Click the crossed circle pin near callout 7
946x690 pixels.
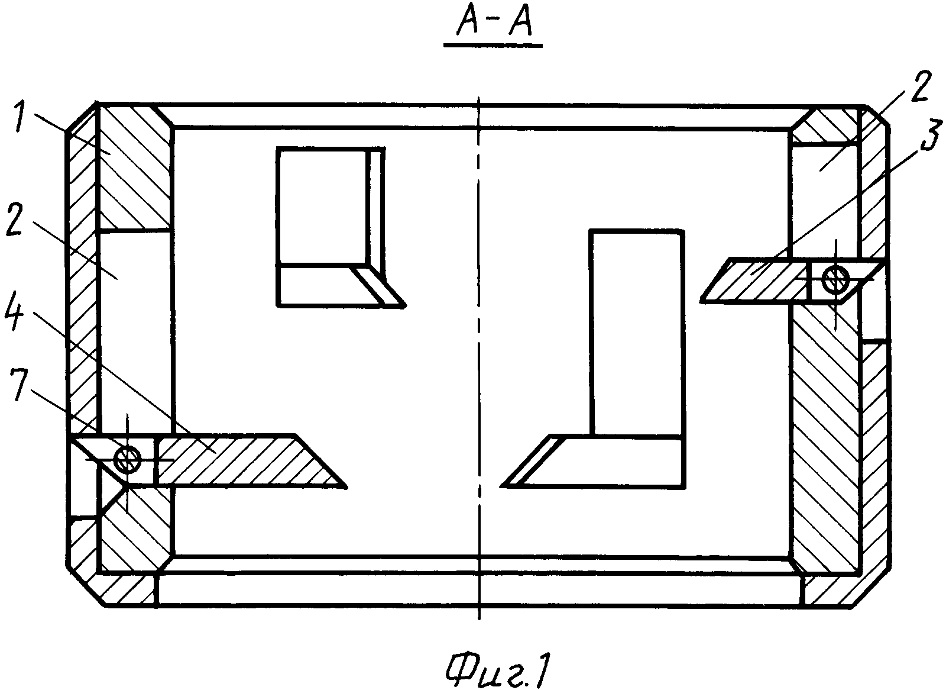127,457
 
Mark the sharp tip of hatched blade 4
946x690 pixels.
344,486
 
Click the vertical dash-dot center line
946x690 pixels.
479,355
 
